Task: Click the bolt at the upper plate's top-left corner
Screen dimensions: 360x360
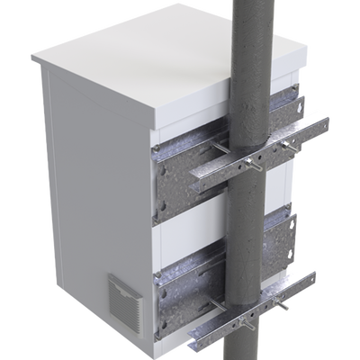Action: [x=158, y=144]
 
